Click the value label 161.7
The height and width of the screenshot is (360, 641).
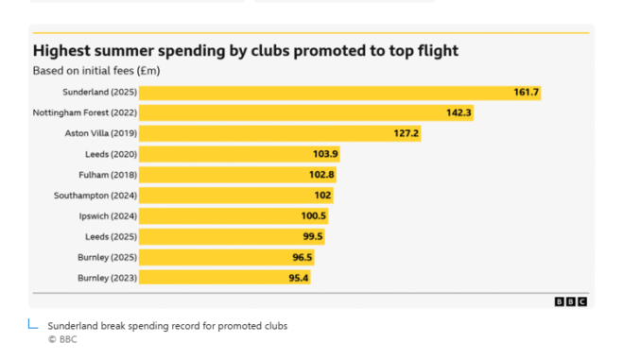pyautogui.click(x=526, y=93)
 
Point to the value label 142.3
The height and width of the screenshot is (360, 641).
pyautogui.click(x=459, y=112)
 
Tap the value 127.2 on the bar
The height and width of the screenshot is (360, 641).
pyautogui.click(x=407, y=133)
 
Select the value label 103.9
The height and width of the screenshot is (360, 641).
pyautogui.click(x=325, y=154)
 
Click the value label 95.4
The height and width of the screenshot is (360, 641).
pyautogui.click(x=299, y=278)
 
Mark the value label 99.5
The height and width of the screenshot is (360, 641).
pyautogui.click(x=313, y=236)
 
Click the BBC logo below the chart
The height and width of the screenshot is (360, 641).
pyautogui.click(x=571, y=301)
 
